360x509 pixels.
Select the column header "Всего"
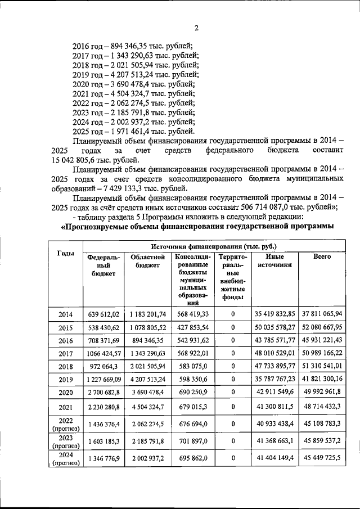pyautogui.click(x=322, y=257)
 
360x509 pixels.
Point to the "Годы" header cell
pyautogui.click(x=65, y=254)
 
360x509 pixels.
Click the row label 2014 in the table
pyautogui.click(x=65, y=314)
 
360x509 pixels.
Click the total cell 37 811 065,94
pyautogui.click(x=322, y=314)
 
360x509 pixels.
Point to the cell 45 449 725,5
pyautogui.click(x=322, y=459)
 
